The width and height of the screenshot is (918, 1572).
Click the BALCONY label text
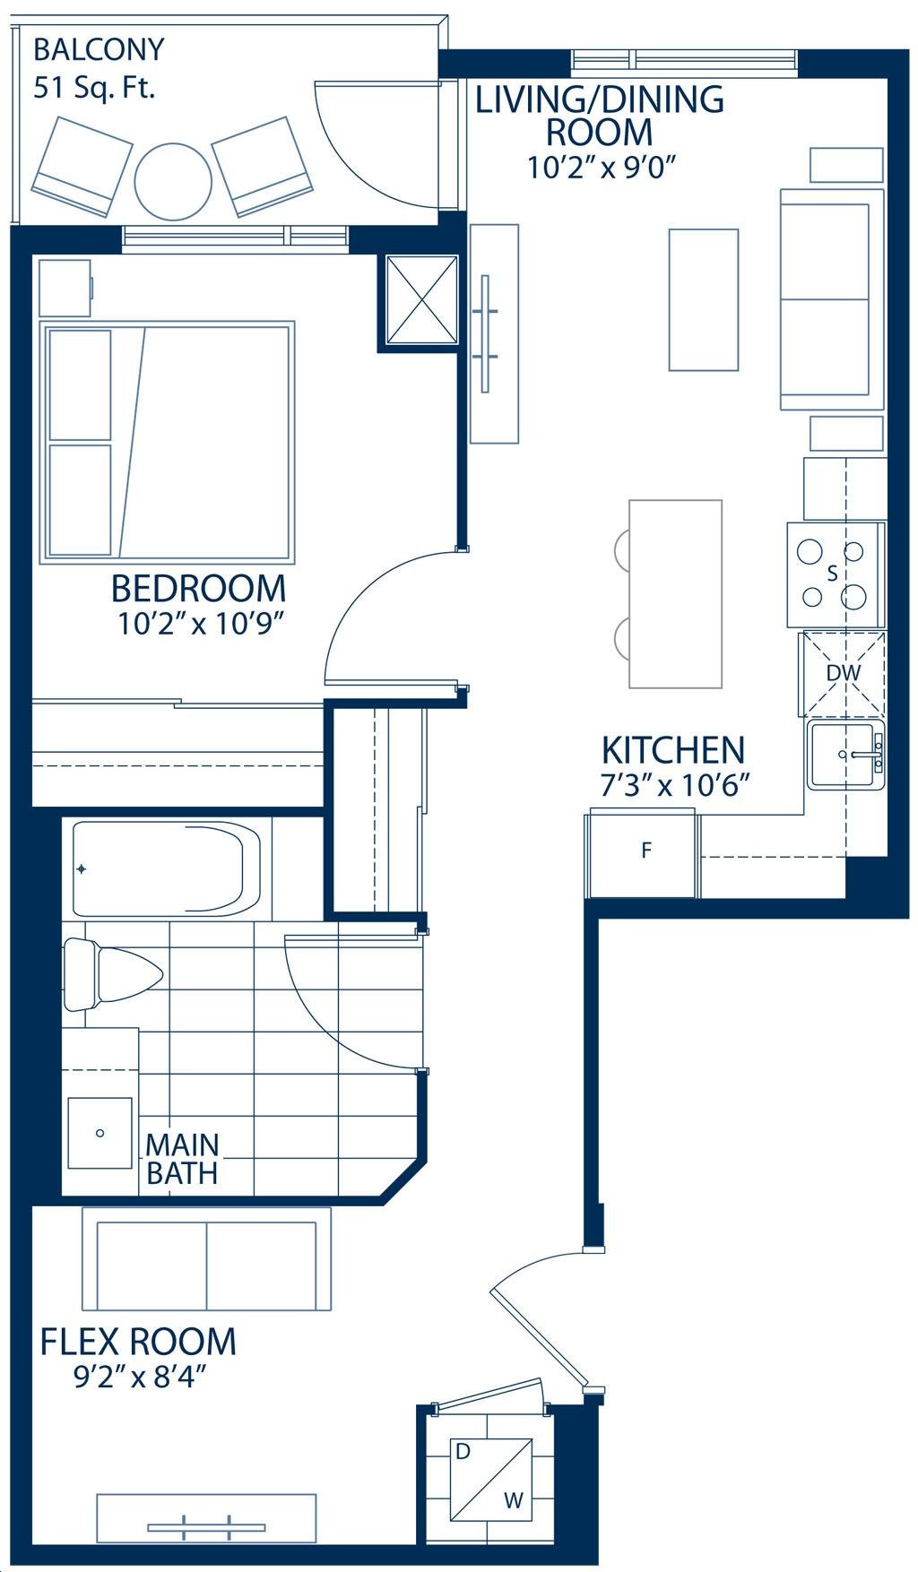click(x=99, y=49)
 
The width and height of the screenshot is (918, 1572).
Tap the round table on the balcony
click(x=173, y=182)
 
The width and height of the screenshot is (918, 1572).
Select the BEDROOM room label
click(x=199, y=589)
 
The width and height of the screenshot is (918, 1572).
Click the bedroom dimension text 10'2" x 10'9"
click(x=201, y=624)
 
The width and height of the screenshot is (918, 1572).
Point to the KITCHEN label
click(x=672, y=749)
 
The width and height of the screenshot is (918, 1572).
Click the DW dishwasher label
click(x=843, y=672)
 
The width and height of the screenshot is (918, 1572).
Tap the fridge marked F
click(x=643, y=852)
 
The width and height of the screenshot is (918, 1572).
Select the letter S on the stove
click(x=832, y=574)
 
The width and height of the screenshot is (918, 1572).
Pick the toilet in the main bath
click(x=110, y=974)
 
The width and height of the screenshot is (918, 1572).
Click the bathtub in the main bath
click(x=165, y=868)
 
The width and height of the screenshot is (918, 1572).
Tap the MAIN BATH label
click(x=182, y=1159)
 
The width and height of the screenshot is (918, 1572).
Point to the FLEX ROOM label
click(x=138, y=1341)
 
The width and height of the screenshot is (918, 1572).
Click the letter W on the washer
click(x=513, y=1500)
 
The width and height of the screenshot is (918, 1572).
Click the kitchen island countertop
click(x=676, y=593)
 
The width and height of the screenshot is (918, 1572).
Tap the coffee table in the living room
click(x=704, y=299)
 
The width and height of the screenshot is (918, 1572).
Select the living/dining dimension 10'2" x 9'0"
click(x=600, y=168)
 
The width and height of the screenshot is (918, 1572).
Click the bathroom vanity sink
click(x=100, y=1133)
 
